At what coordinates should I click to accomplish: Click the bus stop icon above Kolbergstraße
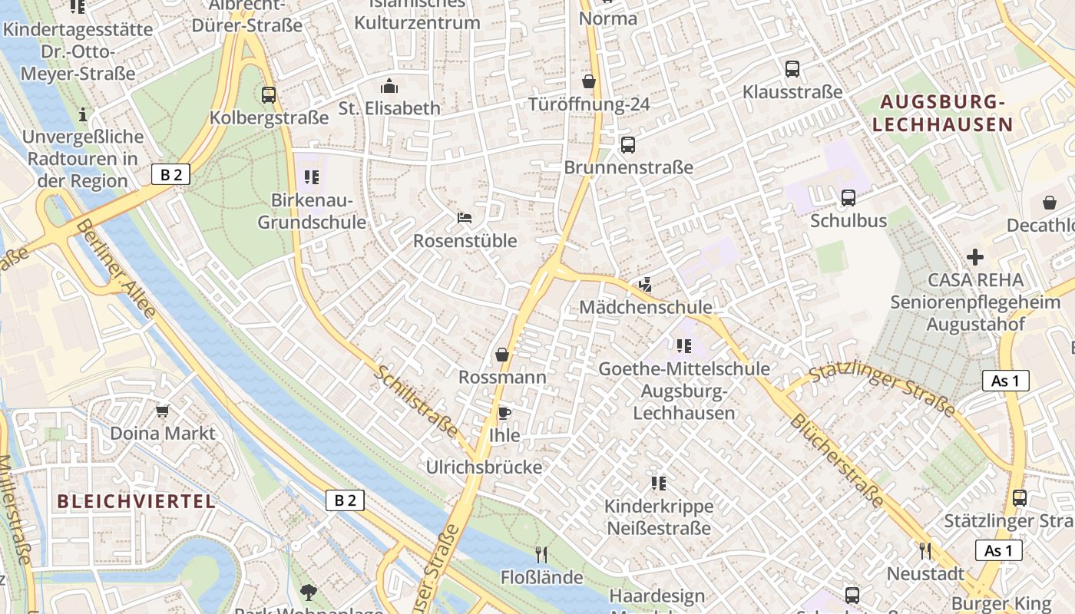click(x=268, y=95)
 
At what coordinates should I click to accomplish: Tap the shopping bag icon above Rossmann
click(x=502, y=355)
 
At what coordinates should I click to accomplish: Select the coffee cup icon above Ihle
click(x=504, y=413)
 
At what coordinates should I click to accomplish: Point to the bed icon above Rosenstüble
click(x=465, y=218)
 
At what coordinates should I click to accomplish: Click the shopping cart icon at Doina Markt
click(x=162, y=411)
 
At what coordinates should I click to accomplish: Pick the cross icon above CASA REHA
click(x=975, y=256)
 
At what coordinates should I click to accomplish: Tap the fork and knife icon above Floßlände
click(x=541, y=554)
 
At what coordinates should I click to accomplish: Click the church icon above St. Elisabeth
click(x=389, y=85)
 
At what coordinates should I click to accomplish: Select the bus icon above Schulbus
click(x=848, y=198)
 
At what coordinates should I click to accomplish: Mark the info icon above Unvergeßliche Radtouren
click(x=83, y=115)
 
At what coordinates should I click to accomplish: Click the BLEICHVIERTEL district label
click(x=137, y=502)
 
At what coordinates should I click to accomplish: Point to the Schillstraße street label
click(x=417, y=401)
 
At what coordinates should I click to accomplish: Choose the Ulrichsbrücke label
click(x=484, y=467)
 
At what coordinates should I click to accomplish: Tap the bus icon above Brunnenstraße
click(x=628, y=144)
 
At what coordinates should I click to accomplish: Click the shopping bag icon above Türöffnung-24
click(x=589, y=81)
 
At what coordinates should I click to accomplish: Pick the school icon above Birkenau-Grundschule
click(x=311, y=178)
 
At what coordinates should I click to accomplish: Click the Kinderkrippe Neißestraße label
click(x=659, y=517)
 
